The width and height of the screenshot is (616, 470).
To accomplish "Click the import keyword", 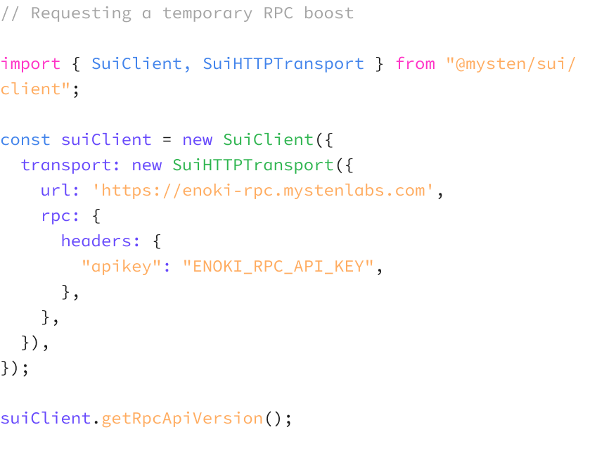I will click(x=30, y=64).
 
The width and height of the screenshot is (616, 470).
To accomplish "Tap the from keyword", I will click(x=415, y=64).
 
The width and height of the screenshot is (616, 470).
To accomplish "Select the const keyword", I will click(x=25, y=140).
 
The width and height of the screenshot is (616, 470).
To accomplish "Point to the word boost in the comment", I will click(x=328, y=13).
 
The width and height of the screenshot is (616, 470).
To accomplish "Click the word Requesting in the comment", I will click(x=81, y=13).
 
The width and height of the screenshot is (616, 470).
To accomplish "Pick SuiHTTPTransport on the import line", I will click(x=283, y=64).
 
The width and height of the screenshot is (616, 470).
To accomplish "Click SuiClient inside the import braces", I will click(x=136, y=64).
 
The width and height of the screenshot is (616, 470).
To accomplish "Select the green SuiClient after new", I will click(x=268, y=140).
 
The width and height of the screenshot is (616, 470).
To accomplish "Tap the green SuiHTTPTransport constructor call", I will click(x=253, y=165).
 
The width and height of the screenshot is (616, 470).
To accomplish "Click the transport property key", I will click(x=65, y=165).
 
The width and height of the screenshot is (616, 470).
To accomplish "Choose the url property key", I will click(x=56, y=191).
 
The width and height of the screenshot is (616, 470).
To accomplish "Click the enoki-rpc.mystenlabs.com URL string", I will click(x=263, y=191).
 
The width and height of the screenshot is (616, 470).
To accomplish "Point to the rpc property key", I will click(x=56, y=216).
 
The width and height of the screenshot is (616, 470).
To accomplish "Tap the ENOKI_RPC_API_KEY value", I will click(x=278, y=267).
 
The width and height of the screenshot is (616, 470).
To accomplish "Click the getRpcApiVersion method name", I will click(x=182, y=419).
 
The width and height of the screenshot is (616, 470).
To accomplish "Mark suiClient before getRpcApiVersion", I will click(x=45, y=419).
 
